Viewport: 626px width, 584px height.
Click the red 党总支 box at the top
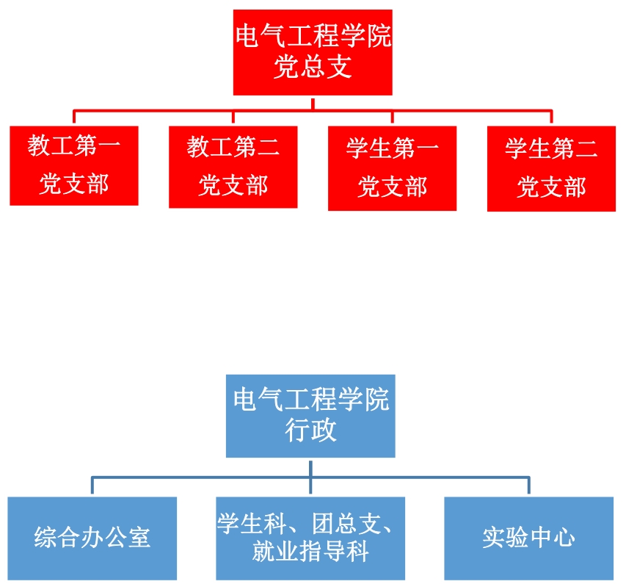click(x=313, y=52)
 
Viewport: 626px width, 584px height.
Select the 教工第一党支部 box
click(x=74, y=165)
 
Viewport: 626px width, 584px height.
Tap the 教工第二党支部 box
click(x=233, y=167)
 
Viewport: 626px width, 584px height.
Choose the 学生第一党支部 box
click(x=392, y=168)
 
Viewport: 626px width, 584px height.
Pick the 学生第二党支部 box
click(x=551, y=169)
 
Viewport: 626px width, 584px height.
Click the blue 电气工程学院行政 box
click(x=310, y=416)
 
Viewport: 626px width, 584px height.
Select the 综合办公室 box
click(x=92, y=538)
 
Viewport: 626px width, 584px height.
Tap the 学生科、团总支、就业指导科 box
click(x=310, y=538)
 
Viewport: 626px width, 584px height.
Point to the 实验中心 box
click(x=528, y=538)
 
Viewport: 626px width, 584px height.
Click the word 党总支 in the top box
click(x=313, y=68)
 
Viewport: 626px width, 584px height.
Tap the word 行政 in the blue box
click(x=310, y=430)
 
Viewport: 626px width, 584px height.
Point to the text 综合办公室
click(x=92, y=538)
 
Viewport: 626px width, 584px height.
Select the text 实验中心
click(x=528, y=538)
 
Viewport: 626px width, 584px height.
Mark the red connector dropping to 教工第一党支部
click(x=74, y=118)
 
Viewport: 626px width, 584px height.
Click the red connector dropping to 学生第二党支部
click(x=551, y=118)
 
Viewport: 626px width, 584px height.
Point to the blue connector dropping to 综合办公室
click(x=92, y=486)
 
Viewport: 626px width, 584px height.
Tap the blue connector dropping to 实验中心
click(x=528, y=486)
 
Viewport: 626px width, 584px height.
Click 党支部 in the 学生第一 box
click(x=392, y=187)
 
